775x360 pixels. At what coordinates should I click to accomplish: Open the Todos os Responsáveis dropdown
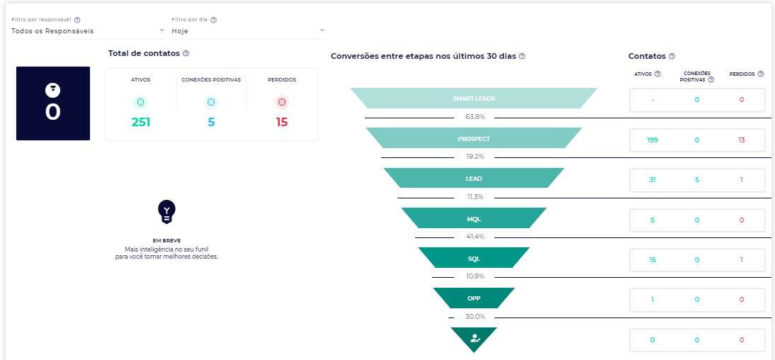tap(86, 30)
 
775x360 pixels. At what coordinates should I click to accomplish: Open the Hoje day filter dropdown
tap(247, 30)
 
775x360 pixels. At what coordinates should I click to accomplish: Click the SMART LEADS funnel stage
tap(473, 99)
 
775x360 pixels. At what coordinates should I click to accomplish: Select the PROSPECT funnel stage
tap(473, 138)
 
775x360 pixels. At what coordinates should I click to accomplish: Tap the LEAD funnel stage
tap(473, 179)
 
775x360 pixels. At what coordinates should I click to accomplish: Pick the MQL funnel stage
tap(473, 218)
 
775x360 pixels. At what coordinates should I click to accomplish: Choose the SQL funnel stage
tap(473, 258)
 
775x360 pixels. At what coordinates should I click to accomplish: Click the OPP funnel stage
tap(473, 298)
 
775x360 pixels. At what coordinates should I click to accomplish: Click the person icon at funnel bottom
tap(474, 338)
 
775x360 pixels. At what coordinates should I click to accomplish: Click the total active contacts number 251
tap(140, 122)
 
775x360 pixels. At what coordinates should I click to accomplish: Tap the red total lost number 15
tap(282, 122)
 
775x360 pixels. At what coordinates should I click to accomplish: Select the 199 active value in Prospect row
tap(652, 140)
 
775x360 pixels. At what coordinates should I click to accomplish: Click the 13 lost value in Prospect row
tap(741, 140)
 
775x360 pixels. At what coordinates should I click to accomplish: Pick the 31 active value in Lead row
tap(652, 180)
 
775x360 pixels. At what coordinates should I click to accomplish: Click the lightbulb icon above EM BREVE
tap(166, 210)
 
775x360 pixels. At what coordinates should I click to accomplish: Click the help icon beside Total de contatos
tap(186, 54)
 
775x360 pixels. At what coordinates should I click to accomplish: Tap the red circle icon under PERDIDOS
tap(282, 102)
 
